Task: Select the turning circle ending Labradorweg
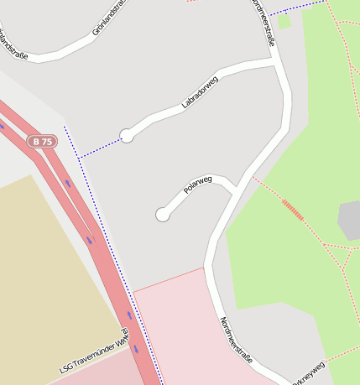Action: pos(127,135)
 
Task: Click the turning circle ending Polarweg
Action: pos(163,215)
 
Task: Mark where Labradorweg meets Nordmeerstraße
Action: pos(277,61)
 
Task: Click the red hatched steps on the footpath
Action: pos(292,209)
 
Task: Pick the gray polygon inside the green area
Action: pos(349,220)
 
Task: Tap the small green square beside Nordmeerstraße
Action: pos(284,22)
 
